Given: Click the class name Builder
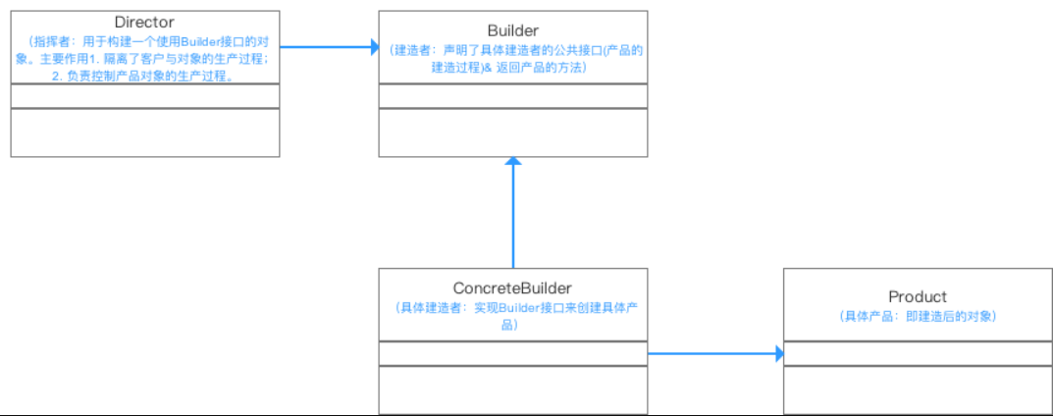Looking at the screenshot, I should click(512, 29).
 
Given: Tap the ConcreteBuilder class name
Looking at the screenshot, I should click(512, 288).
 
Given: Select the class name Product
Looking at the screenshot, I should click(918, 296).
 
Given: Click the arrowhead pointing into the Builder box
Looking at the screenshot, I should click(373, 46).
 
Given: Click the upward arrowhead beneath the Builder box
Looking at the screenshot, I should click(512, 164).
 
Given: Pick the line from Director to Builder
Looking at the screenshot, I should click(324, 46).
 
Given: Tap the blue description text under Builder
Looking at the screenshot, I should click(512, 57).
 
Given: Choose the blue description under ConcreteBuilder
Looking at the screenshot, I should click(512, 316).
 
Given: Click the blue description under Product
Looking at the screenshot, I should click(918, 316).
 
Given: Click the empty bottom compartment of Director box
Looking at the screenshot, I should click(145, 132).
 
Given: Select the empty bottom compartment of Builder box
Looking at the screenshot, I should click(512, 132).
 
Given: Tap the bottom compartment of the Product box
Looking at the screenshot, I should click(918, 390).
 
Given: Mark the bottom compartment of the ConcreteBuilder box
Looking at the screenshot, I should click(512, 390).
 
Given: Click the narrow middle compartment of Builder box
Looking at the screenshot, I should click(512, 96).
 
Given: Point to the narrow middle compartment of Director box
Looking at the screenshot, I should click(145, 96).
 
